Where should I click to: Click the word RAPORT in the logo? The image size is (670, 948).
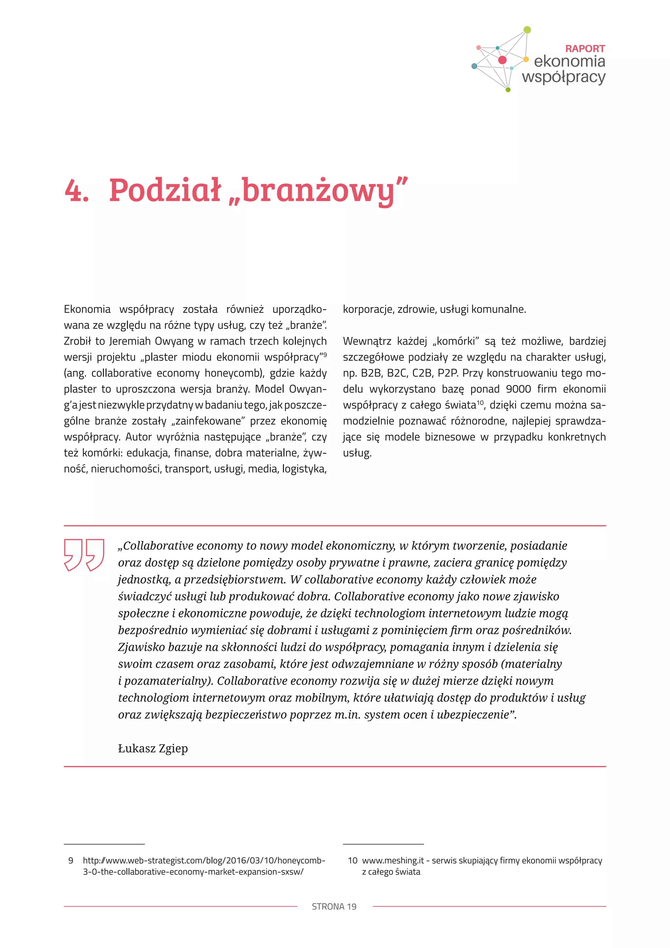[585, 49]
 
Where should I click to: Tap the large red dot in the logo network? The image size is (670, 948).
[502, 60]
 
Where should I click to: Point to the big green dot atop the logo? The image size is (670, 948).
[527, 30]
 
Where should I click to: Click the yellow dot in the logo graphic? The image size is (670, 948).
[526, 59]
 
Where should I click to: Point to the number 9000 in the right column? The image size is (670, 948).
[519, 389]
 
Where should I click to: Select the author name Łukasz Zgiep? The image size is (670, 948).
[153, 748]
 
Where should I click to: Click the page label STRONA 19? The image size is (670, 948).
[334, 907]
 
